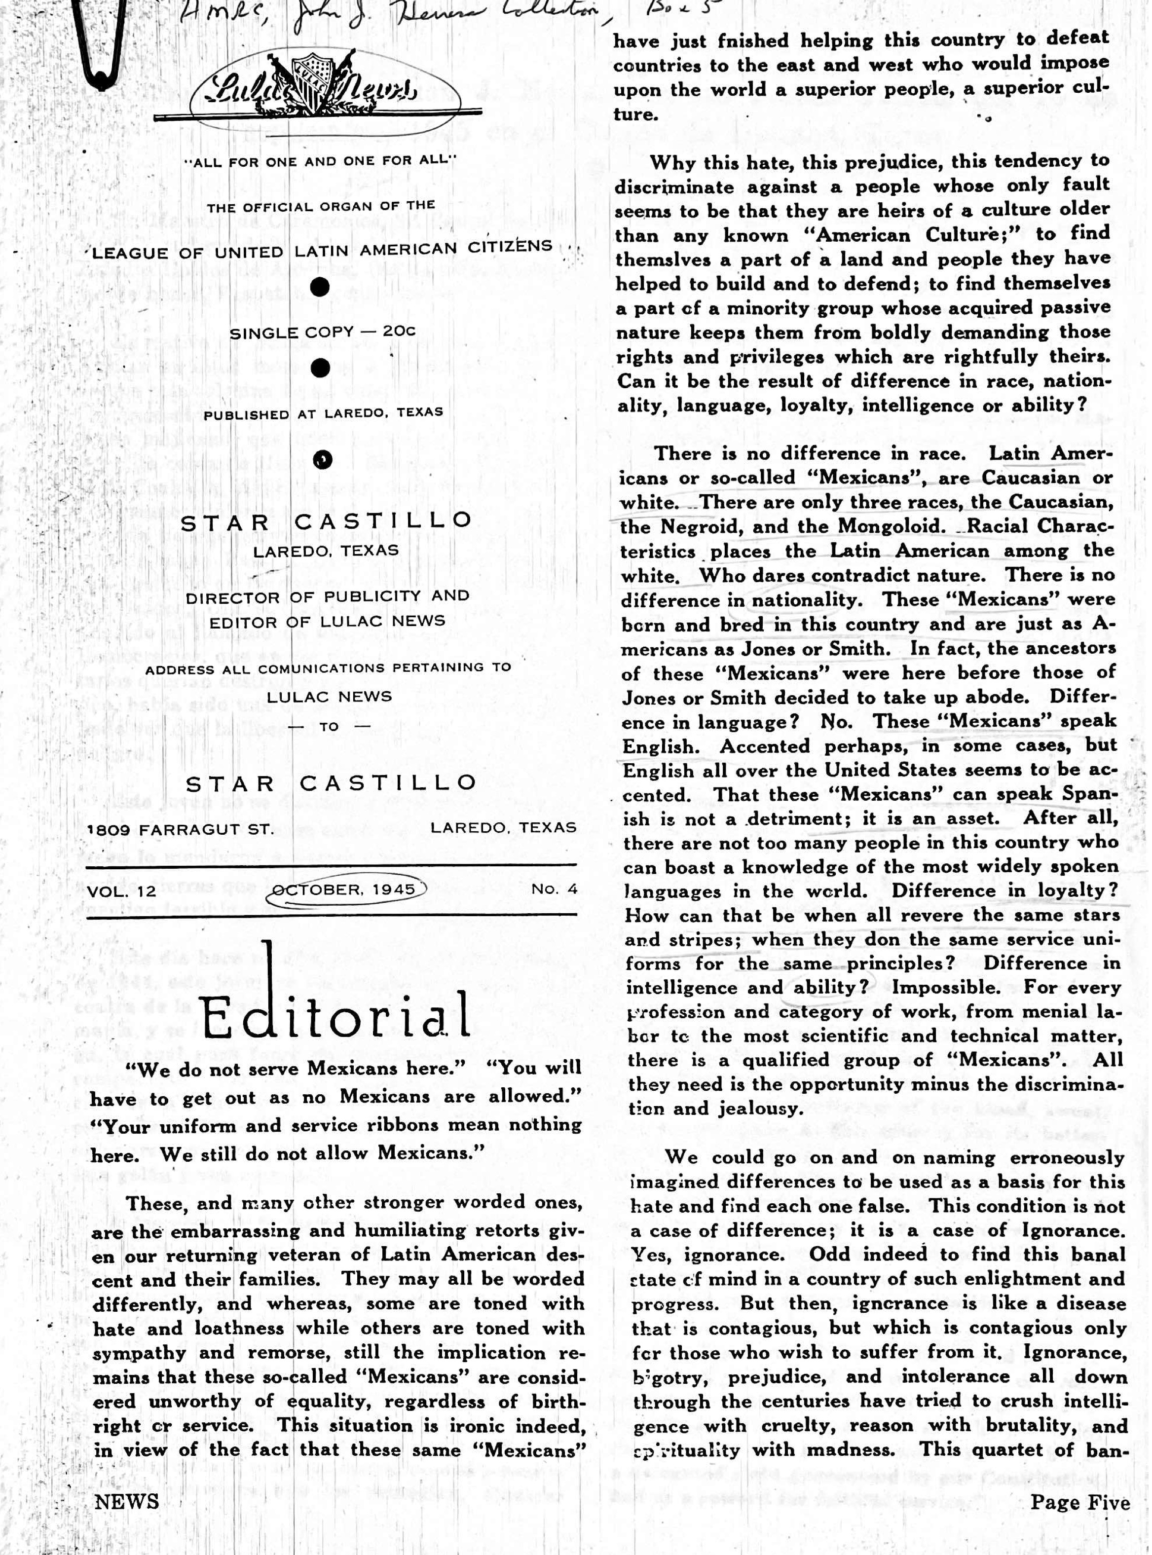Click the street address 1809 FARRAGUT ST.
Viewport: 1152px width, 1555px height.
[180, 829]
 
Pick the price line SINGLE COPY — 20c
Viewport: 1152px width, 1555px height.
[322, 333]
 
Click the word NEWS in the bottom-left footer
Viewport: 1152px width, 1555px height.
[127, 1501]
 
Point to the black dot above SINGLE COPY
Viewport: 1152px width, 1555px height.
[319, 287]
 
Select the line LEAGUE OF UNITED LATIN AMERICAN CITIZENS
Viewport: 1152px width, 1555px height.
[322, 250]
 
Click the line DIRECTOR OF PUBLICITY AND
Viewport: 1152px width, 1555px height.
[327, 597]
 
